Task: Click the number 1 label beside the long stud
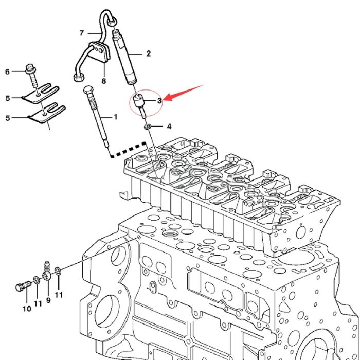115,117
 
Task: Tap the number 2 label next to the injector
148,53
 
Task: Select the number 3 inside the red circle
159,100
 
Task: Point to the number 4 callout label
168,126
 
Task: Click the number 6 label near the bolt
7,71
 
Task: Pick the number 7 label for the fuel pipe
81,33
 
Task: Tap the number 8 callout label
103,81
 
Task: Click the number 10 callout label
27,309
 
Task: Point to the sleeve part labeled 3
139,101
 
